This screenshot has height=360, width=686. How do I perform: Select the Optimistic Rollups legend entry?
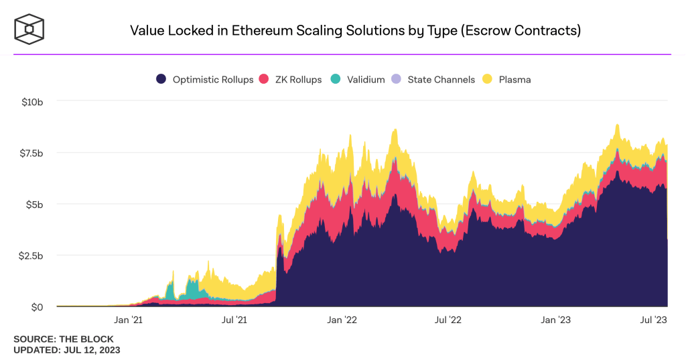205,79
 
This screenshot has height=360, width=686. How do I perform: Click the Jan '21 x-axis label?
129,320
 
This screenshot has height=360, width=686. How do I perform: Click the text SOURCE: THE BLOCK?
64,339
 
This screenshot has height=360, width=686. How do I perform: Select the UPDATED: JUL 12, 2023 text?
67,350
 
